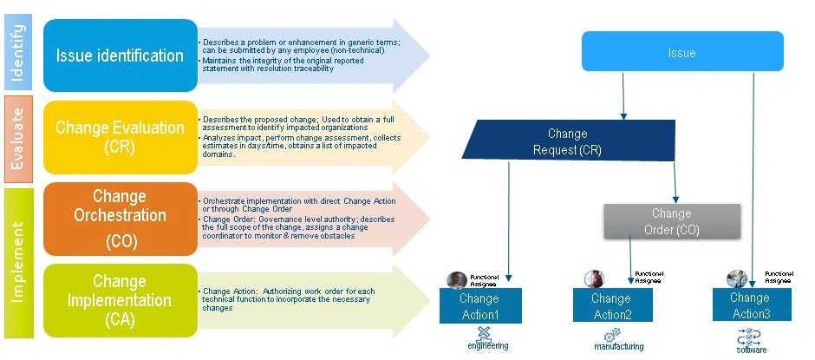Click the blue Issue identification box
coord(120,56)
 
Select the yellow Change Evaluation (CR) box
coord(120,137)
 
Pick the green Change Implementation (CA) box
coord(120,300)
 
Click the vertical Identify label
coord(18,55)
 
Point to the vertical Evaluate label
coord(18,138)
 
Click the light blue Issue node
coord(681,52)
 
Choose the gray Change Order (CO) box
coord(672,221)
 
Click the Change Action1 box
coord(479,305)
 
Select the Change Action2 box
coord(611,305)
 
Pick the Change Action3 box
coord(750,304)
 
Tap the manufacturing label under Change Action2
coord(618,346)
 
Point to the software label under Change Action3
coord(751,350)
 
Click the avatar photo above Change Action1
coord(456,279)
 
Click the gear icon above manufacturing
coord(613,333)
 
